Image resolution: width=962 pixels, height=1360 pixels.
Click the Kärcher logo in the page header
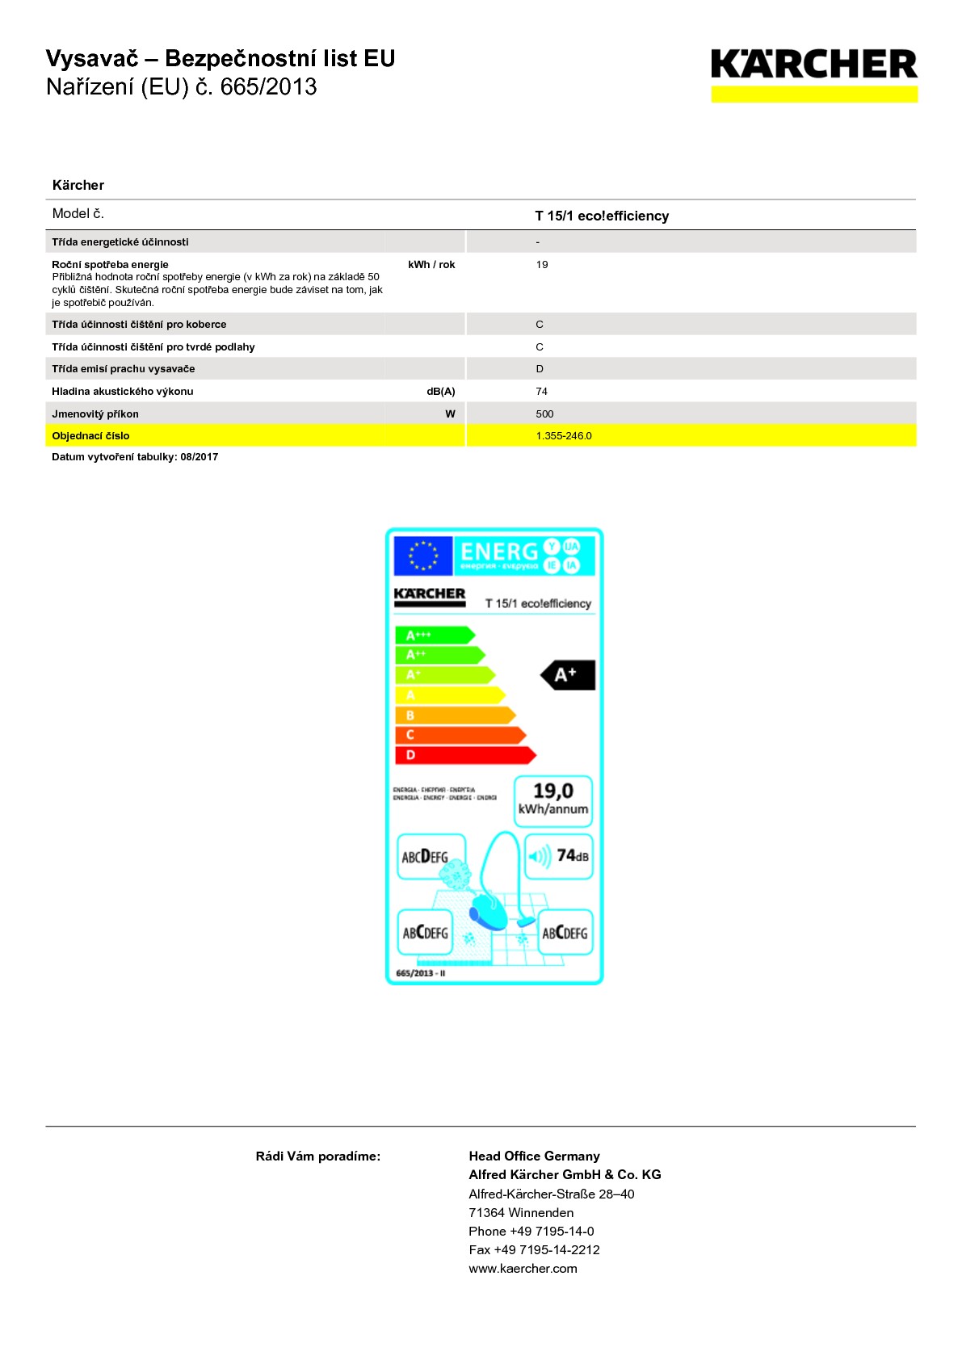[813, 73]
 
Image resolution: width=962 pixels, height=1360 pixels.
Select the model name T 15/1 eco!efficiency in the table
[602, 216]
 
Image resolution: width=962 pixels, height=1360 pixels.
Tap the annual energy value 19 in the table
[542, 265]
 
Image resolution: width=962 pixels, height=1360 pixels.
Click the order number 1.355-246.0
[564, 436]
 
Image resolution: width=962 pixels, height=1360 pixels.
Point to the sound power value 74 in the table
[542, 392]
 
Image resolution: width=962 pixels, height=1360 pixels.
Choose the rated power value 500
[545, 414]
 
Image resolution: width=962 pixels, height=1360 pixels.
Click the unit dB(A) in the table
[441, 392]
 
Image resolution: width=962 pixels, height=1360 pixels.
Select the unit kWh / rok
[431, 265]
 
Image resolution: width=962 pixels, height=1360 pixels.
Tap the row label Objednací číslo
[90, 436]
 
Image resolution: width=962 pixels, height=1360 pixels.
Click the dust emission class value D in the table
[540, 369]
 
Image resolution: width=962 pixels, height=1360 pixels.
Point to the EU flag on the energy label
[422, 556]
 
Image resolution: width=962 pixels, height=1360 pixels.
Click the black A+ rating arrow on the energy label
[569, 675]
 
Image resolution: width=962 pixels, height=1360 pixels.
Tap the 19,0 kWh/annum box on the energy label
[553, 800]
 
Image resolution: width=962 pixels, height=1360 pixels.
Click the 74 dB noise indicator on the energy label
[560, 856]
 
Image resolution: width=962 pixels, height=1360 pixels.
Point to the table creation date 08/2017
[200, 457]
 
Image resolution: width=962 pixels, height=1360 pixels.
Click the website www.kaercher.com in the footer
[523, 1269]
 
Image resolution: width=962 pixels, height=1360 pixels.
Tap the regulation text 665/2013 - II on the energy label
[421, 973]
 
